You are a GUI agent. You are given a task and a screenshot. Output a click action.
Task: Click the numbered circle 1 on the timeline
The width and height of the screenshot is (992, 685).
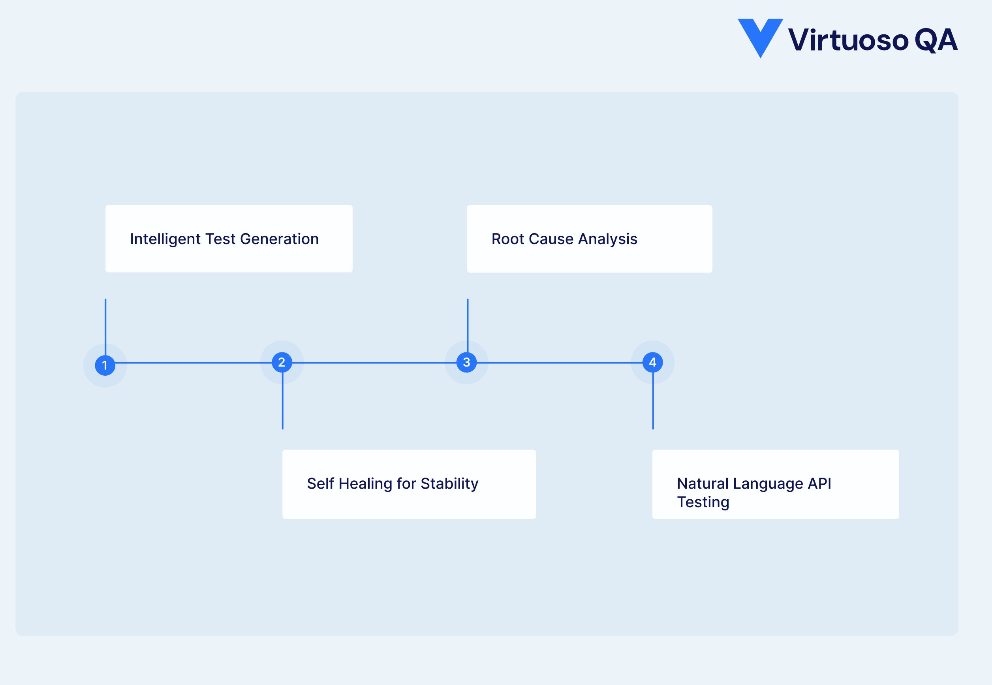(105, 365)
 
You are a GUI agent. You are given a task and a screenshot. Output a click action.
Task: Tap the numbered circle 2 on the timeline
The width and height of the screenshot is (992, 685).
(282, 362)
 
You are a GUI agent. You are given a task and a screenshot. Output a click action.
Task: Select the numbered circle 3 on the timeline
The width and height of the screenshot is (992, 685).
(466, 362)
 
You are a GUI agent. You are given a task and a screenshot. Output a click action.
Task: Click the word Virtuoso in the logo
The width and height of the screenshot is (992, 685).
(848, 40)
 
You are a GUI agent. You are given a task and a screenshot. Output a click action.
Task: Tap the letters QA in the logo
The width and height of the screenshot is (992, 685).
(936, 40)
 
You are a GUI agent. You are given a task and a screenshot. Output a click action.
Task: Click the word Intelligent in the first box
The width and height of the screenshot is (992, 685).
(165, 239)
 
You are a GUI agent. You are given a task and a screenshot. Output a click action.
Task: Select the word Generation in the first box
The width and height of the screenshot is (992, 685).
(279, 239)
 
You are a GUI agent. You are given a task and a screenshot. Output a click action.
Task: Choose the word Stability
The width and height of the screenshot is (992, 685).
(449, 483)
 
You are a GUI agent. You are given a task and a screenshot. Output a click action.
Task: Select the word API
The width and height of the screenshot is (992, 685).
(819, 483)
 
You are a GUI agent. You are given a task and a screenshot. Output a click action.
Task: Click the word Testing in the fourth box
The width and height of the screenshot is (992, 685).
(703, 502)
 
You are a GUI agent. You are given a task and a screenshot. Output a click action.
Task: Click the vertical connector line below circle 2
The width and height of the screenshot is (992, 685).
(282, 401)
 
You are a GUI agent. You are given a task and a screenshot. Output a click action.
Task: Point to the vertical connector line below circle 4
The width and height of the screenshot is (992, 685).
(653, 401)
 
